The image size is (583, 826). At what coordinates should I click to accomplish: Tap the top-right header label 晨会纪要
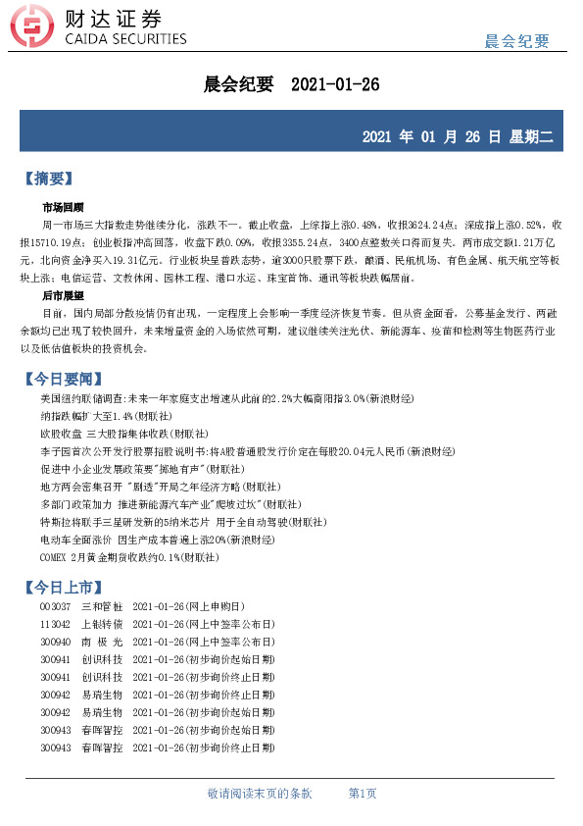point(516,41)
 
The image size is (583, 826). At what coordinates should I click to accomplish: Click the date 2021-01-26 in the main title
point(335,84)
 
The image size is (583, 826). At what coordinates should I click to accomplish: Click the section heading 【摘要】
point(47,179)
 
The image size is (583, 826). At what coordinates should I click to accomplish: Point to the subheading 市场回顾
point(63,208)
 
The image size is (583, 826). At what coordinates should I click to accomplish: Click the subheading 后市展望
point(63,295)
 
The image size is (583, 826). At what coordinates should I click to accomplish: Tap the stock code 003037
point(55,607)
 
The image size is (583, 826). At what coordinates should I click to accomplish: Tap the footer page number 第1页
point(363,793)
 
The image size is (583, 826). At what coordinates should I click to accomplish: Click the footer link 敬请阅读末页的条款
point(260,793)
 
